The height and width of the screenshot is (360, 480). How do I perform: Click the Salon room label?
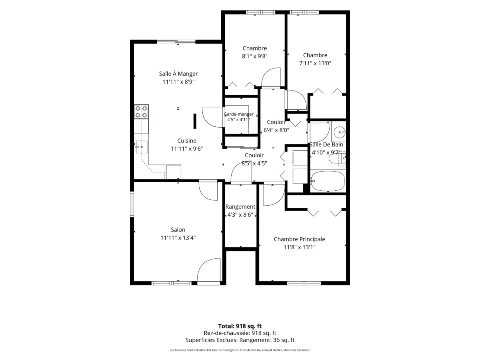click(178, 230)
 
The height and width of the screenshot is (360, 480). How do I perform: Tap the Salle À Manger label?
click(178, 74)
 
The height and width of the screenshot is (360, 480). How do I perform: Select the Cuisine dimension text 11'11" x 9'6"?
click(186, 149)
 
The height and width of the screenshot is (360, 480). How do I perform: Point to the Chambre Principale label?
click(299, 239)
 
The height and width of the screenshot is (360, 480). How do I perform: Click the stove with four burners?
click(141, 112)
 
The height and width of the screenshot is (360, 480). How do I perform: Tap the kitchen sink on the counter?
click(142, 147)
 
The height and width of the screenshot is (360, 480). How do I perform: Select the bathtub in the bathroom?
click(328, 181)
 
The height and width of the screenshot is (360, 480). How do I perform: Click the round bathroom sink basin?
click(340, 132)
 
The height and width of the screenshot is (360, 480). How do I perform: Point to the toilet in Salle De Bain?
click(337, 159)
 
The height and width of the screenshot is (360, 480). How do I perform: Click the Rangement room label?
click(240, 207)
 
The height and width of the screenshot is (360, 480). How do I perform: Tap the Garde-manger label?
click(238, 114)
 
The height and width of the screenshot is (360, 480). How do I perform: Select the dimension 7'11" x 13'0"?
click(315, 63)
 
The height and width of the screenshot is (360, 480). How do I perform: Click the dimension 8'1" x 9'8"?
click(254, 56)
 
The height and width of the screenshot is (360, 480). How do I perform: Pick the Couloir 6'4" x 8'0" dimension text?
click(276, 130)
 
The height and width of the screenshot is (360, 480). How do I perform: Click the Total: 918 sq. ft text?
click(240, 326)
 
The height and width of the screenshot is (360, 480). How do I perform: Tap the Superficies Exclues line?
click(240, 340)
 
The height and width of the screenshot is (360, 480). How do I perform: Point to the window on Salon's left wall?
click(132, 204)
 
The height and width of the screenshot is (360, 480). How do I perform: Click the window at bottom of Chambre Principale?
click(304, 283)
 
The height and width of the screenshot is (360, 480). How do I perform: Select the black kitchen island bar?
click(195, 121)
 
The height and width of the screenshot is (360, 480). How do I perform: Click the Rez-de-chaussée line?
click(240, 333)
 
